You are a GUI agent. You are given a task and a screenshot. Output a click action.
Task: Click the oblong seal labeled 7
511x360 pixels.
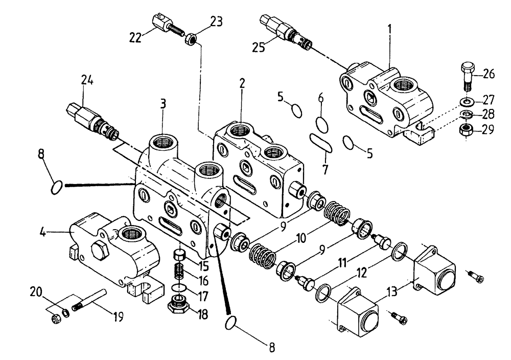(321, 142)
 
